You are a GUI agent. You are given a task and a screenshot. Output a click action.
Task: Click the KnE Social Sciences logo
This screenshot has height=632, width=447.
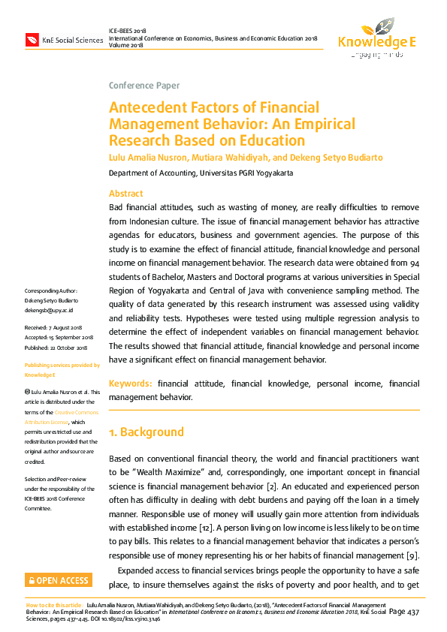click(x=64, y=39)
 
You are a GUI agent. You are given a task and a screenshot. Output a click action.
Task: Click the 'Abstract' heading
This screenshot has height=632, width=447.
click(x=125, y=194)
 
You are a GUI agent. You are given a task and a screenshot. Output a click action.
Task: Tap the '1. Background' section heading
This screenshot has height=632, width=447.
click(x=146, y=432)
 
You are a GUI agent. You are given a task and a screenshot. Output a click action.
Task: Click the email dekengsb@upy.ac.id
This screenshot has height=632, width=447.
click(x=49, y=309)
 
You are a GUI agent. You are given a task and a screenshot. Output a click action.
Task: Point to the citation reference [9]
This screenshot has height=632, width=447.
click(x=412, y=555)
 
